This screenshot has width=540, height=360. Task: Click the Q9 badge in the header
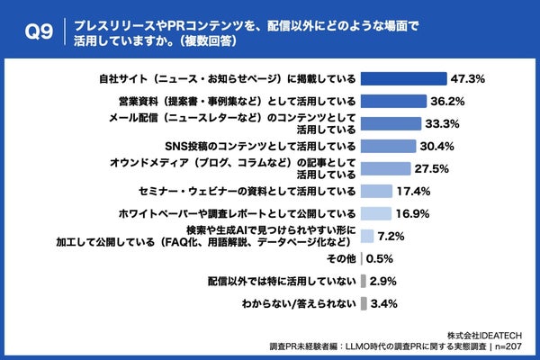[x=39, y=31]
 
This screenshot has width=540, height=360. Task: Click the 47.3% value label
[x=470, y=78]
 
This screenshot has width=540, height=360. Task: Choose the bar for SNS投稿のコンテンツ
[x=388, y=146]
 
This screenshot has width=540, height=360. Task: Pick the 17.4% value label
[x=415, y=191]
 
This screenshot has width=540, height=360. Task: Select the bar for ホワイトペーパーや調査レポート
[x=375, y=213]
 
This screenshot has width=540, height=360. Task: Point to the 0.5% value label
[x=380, y=258]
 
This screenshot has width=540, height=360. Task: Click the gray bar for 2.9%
[x=363, y=281]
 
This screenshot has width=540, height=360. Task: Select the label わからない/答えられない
[x=299, y=303]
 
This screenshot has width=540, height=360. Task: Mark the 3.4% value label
[x=384, y=303]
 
